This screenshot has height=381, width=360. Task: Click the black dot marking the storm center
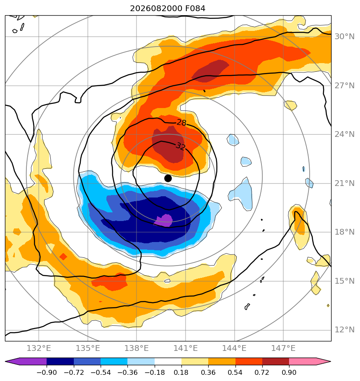point(168,178)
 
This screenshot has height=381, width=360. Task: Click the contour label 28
point(181,122)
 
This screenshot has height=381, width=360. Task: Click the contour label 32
point(180,146)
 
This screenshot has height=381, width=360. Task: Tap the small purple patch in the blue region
point(164,220)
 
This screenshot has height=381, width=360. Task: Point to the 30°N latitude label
point(344,36)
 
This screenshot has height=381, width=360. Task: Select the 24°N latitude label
point(344,134)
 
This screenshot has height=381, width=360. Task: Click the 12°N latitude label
point(344,330)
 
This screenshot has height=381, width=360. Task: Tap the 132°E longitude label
point(39,348)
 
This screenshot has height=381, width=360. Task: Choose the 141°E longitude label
point(186,348)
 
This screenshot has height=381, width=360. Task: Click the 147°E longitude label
point(283,348)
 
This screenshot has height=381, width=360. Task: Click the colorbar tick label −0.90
point(47,372)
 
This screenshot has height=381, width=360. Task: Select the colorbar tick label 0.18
point(181,372)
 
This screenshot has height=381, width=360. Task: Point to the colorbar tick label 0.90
point(289,372)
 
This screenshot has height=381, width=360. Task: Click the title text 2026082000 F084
point(168,9)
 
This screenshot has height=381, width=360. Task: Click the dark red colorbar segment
point(275,361)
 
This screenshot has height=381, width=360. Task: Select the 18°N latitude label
point(344,232)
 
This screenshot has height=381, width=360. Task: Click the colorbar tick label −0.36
point(127,372)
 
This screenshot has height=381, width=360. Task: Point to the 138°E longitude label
point(136,348)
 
